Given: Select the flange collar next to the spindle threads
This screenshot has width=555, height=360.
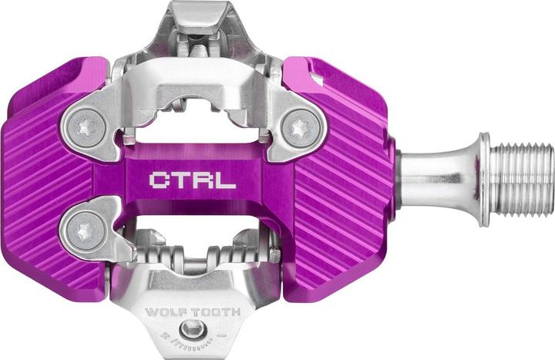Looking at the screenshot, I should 483,180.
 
